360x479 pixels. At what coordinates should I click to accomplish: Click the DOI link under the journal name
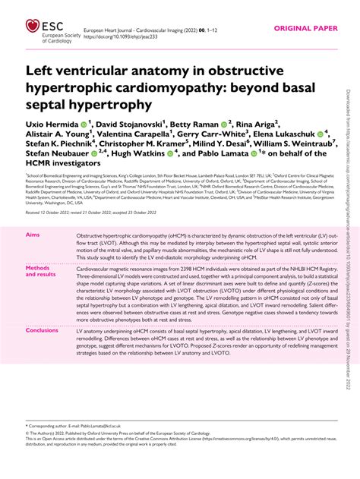tap(117, 36)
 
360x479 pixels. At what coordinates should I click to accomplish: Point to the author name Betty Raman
tap(190, 123)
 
